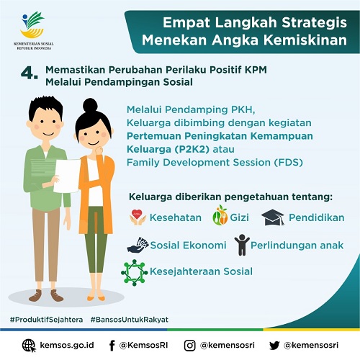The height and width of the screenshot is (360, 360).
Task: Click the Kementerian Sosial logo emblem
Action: pyautogui.click(x=32, y=24)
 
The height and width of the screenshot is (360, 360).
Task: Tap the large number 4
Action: pyautogui.click(x=27, y=73)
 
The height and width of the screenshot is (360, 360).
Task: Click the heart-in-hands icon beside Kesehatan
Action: pyautogui.click(x=138, y=217)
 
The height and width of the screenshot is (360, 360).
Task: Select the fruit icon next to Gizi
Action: pyautogui.click(x=220, y=215)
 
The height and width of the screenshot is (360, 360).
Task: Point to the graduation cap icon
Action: pyautogui.click(x=273, y=217)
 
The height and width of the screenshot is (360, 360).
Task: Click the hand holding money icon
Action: pyautogui.click(x=138, y=245)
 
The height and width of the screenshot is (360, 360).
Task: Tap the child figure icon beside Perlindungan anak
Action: pyautogui.click(x=242, y=245)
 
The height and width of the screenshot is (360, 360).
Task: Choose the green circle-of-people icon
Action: pyautogui.click(x=134, y=272)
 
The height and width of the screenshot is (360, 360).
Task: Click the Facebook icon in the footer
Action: pyautogui.click(x=112, y=346)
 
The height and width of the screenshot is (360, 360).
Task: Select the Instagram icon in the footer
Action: pyautogui.click(x=189, y=346)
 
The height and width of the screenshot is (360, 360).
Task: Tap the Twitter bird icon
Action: pyautogui.click(x=274, y=346)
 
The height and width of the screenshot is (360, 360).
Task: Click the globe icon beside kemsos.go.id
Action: pyautogui.click(x=29, y=346)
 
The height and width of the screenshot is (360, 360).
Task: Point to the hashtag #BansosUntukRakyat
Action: pyautogui.click(x=130, y=320)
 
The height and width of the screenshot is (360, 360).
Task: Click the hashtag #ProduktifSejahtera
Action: pyautogui.click(x=46, y=320)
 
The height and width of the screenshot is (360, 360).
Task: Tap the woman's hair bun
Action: pyautogui.click(x=90, y=105)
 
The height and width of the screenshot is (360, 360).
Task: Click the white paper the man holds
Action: pyautogui.click(x=67, y=176)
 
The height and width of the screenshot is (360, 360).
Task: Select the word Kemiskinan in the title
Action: pyautogui.click(x=305, y=40)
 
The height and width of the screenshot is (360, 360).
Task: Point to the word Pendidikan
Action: pyautogui.click(x=317, y=217)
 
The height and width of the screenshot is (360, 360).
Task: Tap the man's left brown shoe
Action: pyautogui.click(x=35, y=295)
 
